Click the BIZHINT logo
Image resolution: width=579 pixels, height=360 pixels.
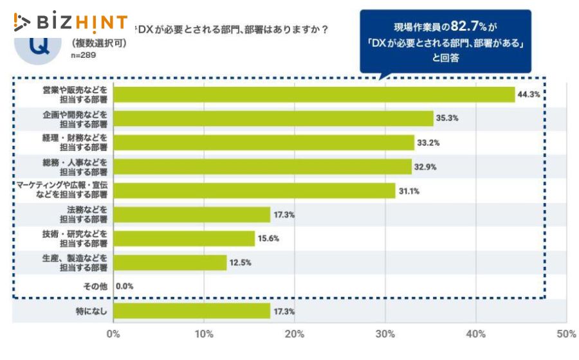pos(70,22)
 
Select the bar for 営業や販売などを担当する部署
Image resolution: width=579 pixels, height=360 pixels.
pos(314,94)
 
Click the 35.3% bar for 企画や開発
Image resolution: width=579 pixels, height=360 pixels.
pos(273,118)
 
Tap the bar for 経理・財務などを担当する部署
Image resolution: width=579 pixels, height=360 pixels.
pos(264,142)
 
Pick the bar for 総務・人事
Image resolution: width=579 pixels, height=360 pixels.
pos(262,166)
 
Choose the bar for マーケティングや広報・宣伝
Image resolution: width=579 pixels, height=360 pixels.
pos(254,190)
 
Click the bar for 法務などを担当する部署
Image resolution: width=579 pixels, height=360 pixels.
pos(192,215)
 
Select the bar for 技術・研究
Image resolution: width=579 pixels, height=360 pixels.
pos(184,239)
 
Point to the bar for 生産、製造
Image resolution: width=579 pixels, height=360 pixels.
pos(170,262)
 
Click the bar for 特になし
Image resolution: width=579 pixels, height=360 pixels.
pos(192,311)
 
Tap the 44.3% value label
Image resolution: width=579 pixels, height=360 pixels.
pos(529,94)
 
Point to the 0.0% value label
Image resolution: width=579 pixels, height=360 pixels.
pos(125,287)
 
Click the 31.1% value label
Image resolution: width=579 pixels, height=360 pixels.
pos(409,191)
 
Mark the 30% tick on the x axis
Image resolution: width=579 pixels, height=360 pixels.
pos(385,334)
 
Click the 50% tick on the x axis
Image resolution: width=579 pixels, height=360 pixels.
pos(565,334)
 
